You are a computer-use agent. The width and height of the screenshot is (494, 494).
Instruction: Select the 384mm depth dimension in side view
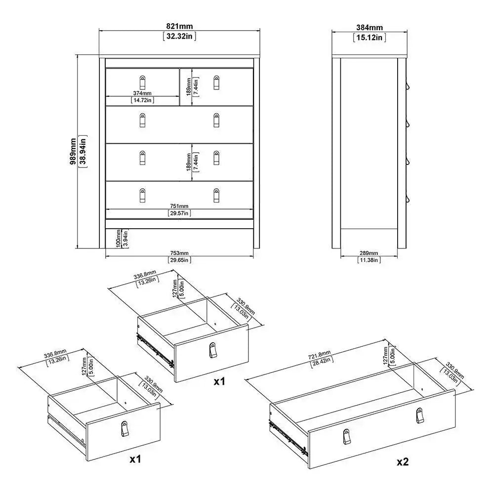click(369, 29)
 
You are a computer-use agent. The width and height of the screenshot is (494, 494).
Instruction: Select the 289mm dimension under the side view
click(369, 253)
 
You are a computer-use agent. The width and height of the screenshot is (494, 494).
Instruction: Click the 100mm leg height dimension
click(119, 239)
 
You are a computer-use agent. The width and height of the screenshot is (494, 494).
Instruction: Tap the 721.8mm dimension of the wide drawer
click(319, 357)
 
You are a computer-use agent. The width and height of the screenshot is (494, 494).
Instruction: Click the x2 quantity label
click(403, 462)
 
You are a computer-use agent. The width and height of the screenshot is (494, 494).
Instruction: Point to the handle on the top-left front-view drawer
click(142, 82)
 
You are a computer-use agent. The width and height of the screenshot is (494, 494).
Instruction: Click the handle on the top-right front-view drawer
click(216, 82)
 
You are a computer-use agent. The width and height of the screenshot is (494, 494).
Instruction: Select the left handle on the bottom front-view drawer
click(142, 195)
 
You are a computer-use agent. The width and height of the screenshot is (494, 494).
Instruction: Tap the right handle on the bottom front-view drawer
click(216, 195)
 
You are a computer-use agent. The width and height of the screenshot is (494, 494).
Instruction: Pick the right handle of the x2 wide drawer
click(420, 415)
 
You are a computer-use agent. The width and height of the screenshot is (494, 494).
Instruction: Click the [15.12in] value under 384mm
click(369, 38)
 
